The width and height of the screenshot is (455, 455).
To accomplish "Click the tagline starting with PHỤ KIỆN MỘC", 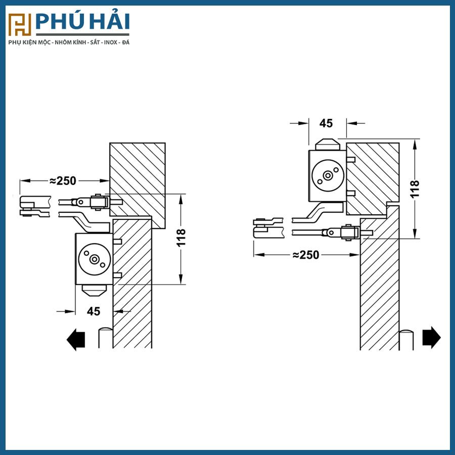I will [x=69, y=42].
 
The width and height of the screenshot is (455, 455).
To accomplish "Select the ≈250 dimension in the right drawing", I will [x=305, y=255].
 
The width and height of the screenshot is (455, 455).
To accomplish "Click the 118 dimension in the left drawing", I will [x=181, y=238].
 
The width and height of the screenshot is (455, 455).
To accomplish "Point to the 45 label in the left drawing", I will [x=94, y=311].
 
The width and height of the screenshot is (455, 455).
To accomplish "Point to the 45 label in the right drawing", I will [x=326, y=123].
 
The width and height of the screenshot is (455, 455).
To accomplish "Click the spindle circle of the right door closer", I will [x=328, y=175].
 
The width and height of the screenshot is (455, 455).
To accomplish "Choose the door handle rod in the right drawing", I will [x=406, y=339].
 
